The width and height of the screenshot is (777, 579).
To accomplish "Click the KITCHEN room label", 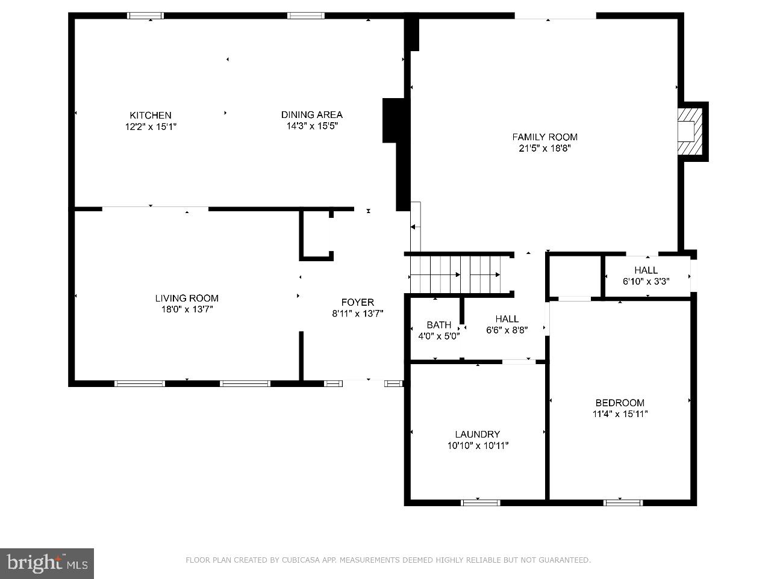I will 151,115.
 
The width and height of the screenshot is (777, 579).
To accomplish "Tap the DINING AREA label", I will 311,114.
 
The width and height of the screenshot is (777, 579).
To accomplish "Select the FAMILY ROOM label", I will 545,137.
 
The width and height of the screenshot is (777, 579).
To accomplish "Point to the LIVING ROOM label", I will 187,298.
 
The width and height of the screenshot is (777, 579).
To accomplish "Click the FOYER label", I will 357,302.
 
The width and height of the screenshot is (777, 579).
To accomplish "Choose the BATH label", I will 438,325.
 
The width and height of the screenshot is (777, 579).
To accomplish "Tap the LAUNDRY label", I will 477,434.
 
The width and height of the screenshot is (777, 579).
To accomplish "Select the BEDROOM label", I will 620,403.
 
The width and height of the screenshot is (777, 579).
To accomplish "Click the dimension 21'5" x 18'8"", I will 545,148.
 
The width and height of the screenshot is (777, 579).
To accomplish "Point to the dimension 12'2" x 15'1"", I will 151,126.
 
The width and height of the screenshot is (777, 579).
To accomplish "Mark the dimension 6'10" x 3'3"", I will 646,281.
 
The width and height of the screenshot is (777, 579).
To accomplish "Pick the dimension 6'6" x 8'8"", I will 507,330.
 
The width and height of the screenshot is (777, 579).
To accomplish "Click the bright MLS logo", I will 47,563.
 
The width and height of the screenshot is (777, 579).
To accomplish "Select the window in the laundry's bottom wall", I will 480,502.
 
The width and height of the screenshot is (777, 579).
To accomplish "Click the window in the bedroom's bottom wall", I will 623,502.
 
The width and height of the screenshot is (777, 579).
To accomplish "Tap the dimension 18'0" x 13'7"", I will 187,309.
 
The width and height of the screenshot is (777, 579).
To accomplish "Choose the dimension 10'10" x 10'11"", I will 478,445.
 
